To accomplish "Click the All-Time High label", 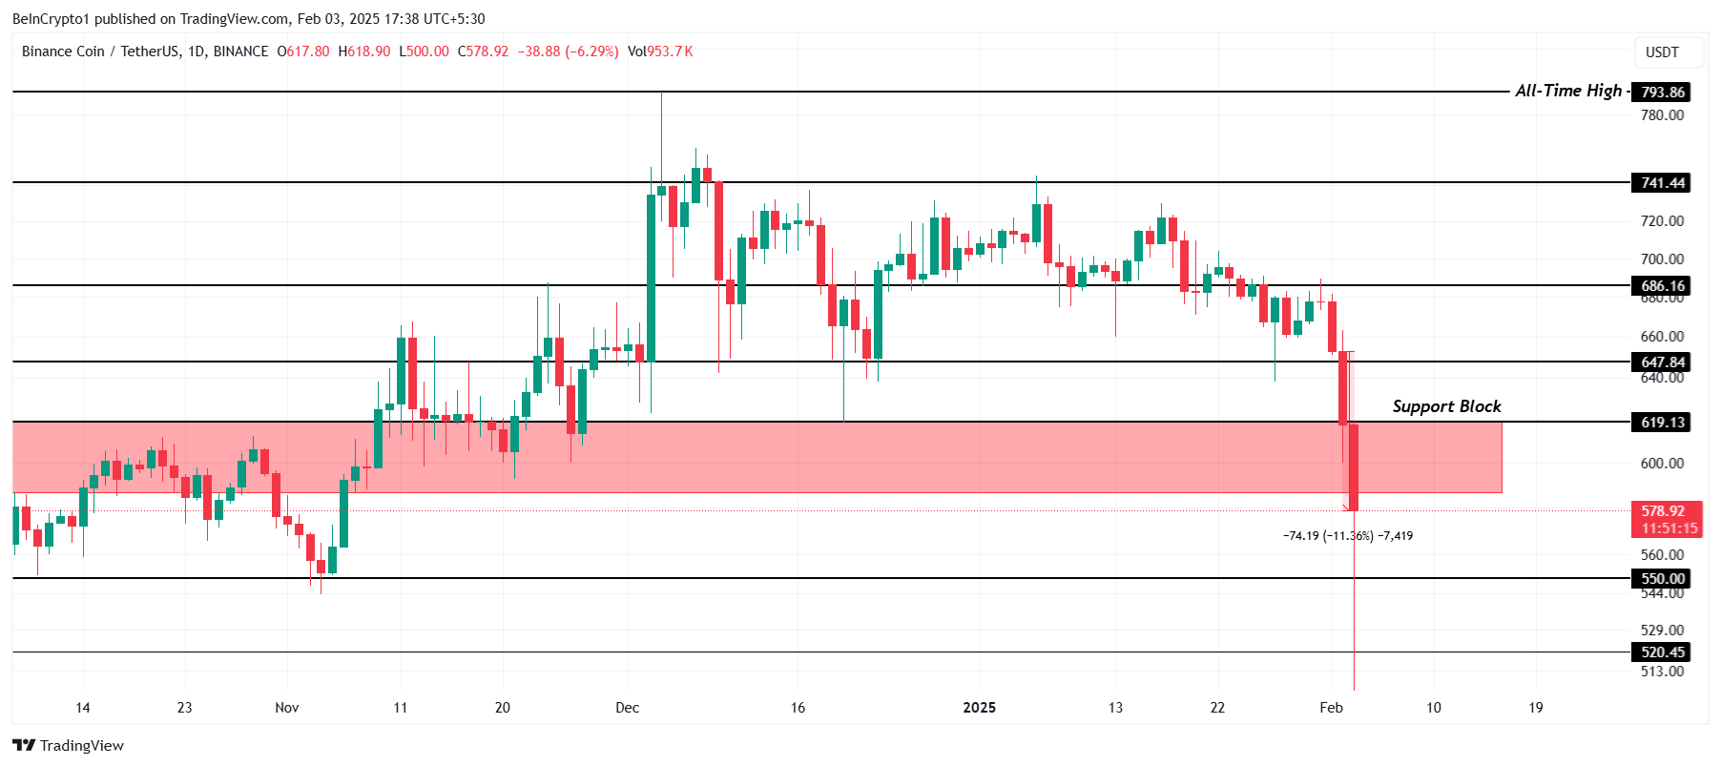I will coord(1568,91).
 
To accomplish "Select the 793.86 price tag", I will coord(1662,93).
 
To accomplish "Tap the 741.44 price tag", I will coord(1662,183).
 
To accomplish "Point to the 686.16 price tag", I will coord(1662,286).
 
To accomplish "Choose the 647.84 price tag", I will coord(1662,362).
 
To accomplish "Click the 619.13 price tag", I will coord(1662,423).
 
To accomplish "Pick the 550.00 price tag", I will coord(1662,579).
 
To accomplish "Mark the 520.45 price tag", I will coord(1662,652).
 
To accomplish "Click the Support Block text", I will coord(1446,406).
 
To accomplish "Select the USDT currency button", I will coord(1662,52).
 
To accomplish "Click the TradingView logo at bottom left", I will coord(69,746).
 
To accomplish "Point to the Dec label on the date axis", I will coord(627,708).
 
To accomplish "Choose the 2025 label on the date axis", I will coord(979,708).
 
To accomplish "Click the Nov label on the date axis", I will coord(286,708).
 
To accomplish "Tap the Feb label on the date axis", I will coord(1331,708).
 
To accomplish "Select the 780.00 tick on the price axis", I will coord(1662,115).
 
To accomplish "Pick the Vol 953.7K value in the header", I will coord(660,52).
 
